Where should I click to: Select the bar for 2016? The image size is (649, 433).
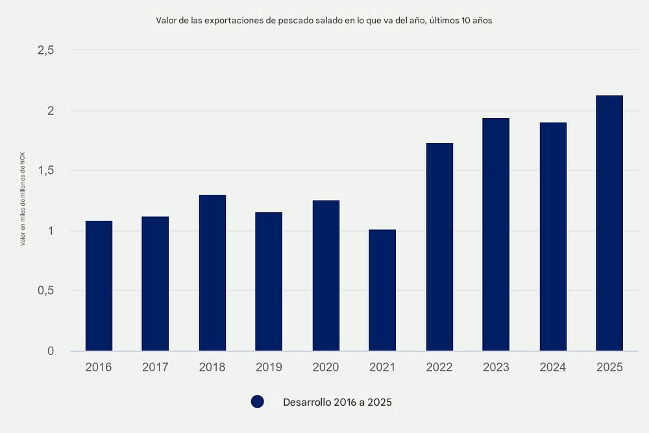(99, 286)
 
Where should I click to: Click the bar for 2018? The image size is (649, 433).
(212, 273)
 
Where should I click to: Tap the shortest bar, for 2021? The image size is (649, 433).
(382, 290)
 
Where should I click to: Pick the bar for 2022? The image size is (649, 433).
(439, 247)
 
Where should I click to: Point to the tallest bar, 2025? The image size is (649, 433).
(609, 223)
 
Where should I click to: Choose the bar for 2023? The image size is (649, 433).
(496, 234)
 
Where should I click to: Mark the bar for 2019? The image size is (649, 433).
(269, 282)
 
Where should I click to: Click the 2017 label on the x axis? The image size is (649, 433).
(155, 367)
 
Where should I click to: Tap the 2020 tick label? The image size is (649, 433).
(326, 367)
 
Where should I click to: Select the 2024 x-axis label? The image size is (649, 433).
(553, 367)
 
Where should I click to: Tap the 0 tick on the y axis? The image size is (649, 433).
(50, 351)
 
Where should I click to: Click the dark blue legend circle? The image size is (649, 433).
(258, 402)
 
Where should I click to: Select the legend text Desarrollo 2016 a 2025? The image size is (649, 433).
(337, 402)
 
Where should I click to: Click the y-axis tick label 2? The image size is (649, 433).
(50, 111)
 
